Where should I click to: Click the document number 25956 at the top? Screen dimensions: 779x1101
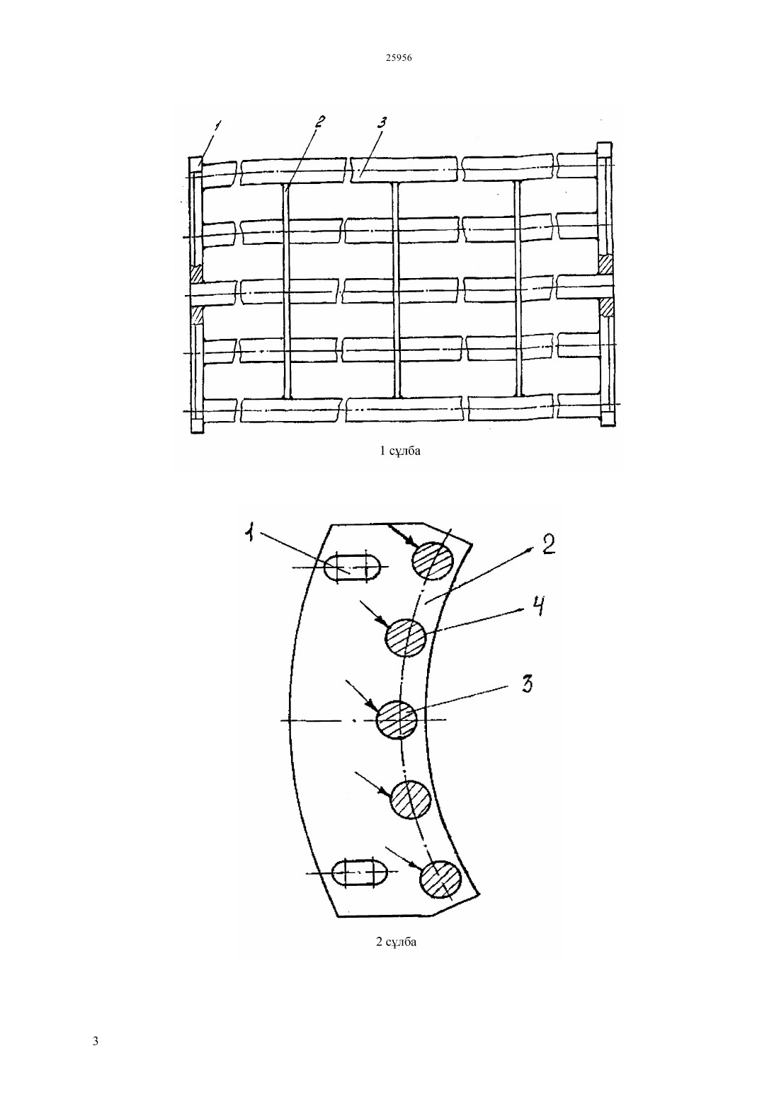coord(398,57)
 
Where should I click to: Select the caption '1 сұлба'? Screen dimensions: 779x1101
coord(400,450)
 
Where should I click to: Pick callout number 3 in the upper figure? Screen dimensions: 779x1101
coord(381,123)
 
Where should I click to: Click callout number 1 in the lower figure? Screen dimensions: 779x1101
coord(251,532)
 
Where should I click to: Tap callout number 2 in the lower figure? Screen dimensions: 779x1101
coord(548,545)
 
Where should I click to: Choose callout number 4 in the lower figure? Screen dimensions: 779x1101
coord(538,606)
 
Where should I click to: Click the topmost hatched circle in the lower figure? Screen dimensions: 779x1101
coord(432,561)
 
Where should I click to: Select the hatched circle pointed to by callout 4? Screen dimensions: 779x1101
coord(405,638)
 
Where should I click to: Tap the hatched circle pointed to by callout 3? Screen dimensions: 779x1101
coord(397,720)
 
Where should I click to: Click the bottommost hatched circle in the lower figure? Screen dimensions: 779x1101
coord(440,880)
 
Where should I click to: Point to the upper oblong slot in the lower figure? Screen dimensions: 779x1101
coord(352,569)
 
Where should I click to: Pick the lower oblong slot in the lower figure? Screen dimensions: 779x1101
coord(360,872)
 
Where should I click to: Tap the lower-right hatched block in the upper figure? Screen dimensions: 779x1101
coord(605,306)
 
